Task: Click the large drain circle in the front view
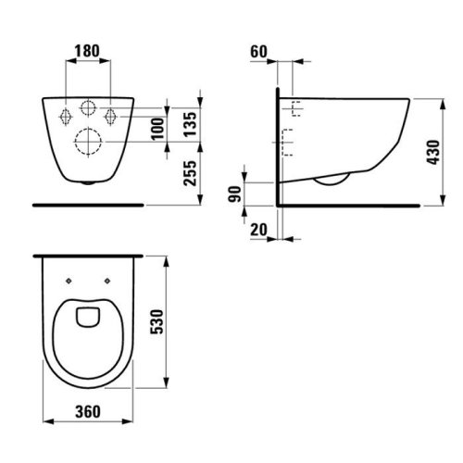89,143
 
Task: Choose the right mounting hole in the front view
110,116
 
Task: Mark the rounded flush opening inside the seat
90,316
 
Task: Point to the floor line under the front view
89,201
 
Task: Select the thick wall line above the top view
89,252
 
